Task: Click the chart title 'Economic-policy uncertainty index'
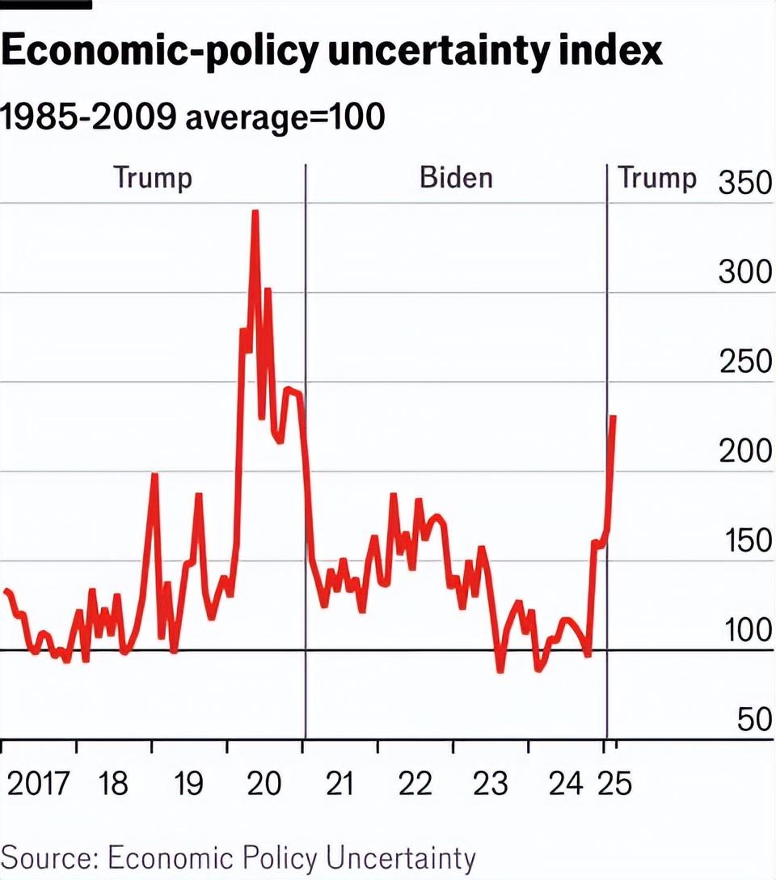pos(331,51)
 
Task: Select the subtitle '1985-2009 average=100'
pos(192,118)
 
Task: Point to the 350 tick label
pos(745,184)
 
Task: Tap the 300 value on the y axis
pos(745,273)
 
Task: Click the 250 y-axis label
pos(745,362)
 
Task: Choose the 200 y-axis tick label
pos(745,451)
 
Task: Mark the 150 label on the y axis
pos(745,540)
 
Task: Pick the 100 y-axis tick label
pos(745,630)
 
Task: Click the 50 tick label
pos(755,719)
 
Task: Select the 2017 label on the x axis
pos(38,784)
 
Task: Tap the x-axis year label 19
pos(188,784)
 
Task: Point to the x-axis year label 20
pos(264,784)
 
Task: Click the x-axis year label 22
pos(415,784)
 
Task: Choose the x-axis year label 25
pos(615,784)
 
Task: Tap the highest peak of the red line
pos(255,212)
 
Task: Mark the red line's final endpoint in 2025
pos(614,417)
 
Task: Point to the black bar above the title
pos(45,4)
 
